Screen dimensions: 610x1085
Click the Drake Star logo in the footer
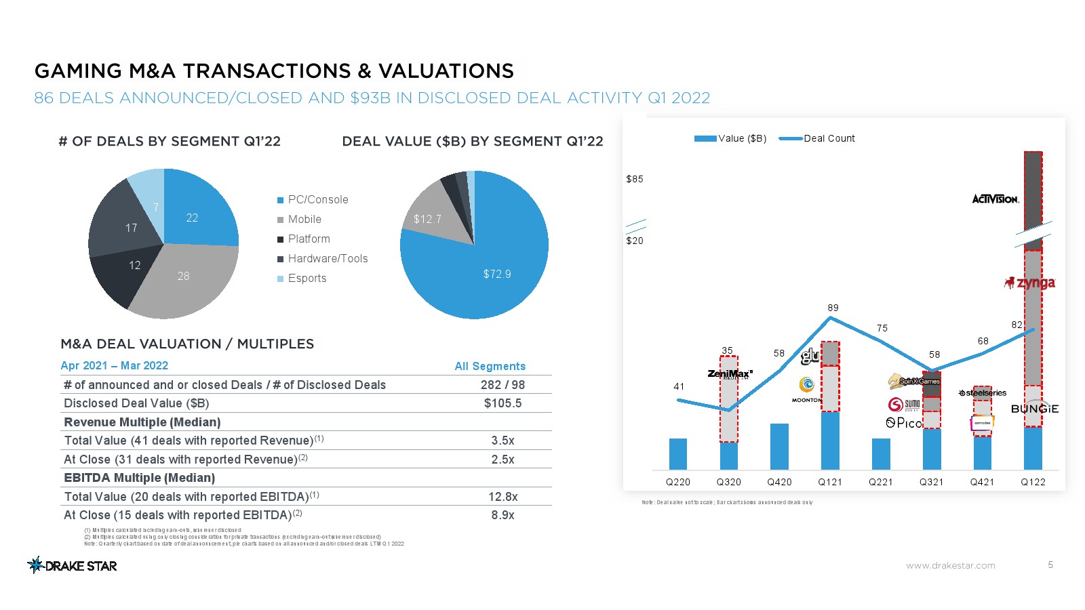pyautogui.click(x=72, y=565)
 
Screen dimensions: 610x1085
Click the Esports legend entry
pyautogui.click(x=307, y=279)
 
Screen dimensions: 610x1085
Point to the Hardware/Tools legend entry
pyautogui.click(x=328, y=259)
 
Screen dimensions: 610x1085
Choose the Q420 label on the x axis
pyautogui.click(x=779, y=482)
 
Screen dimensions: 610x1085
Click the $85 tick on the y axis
pyautogui.click(x=635, y=179)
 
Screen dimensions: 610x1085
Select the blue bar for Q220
pyautogui.click(x=678, y=454)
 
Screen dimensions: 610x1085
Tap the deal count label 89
pyautogui.click(x=833, y=308)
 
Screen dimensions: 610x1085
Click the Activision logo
pyautogui.click(x=995, y=199)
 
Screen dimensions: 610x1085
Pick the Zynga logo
pyautogui.click(x=1030, y=283)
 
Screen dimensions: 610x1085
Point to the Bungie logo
pyautogui.click(x=1034, y=409)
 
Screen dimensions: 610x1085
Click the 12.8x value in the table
pyautogui.click(x=502, y=497)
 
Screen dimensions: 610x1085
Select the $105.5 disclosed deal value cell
pyautogui.click(x=502, y=403)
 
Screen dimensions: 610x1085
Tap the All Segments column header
pyautogui.click(x=490, y=366)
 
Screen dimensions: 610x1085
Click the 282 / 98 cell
pyautogui.click(x=502, y=385)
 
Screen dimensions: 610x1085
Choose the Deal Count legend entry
pyautogui.click(x=829, y=138)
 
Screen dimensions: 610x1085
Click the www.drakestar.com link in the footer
pyautogui.click(x=950, y=565)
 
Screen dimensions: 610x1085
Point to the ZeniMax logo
pyautogui.click(x=730, y=374)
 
